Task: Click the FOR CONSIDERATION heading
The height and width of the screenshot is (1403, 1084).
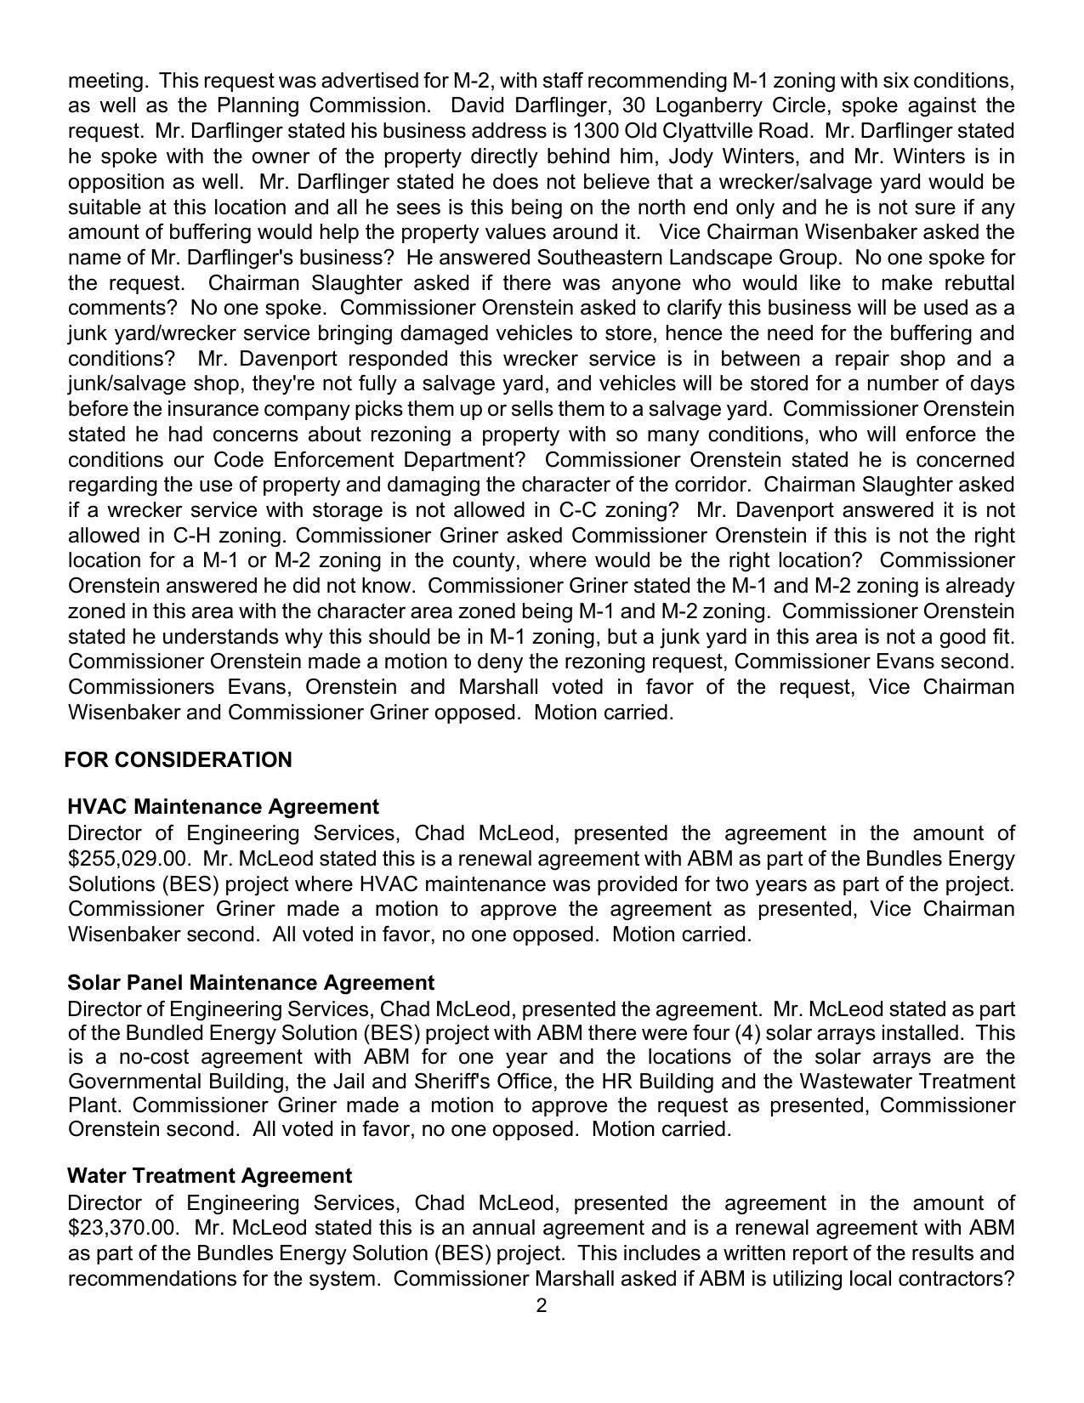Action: [x=179, y=760]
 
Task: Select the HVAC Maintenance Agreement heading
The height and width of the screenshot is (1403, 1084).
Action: [x=223, y=806]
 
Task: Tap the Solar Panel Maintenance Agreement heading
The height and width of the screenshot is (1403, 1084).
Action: [x=251, y=983]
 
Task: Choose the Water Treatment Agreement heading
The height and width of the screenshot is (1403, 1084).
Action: [x=209, y=1176]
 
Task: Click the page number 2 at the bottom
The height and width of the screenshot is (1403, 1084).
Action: [x=542, y=1306]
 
